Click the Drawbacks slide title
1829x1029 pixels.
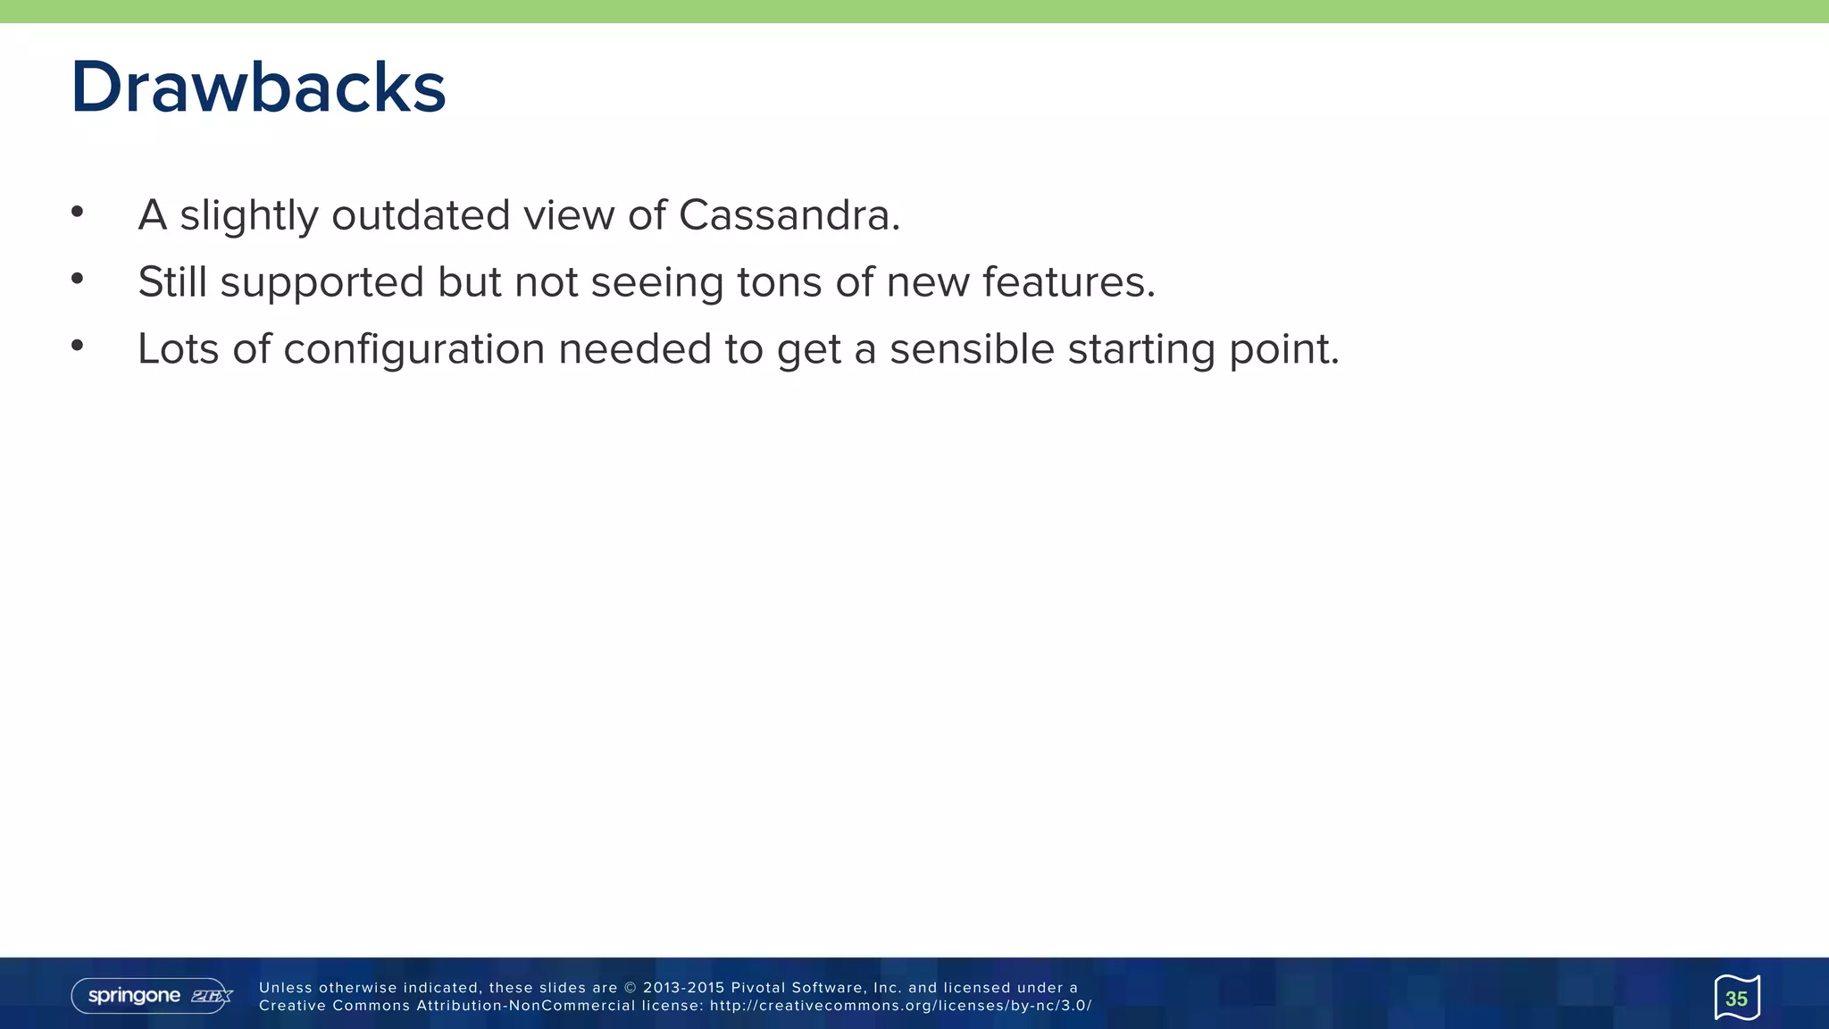[258, 88]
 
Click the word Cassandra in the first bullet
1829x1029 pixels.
[789, 215]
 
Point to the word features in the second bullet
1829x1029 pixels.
[1068, 282]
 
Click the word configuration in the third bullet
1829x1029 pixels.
[413, 350]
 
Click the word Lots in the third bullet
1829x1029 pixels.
[178, 349]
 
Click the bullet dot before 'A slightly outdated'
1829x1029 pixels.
[78, 212]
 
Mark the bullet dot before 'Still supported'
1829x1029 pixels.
[78, 279]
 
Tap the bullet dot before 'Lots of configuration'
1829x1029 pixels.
[78, 346]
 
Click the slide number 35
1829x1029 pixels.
[1736, 999]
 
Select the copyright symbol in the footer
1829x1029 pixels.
[631, 988]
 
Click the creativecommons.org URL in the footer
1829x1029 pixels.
[900, 1006]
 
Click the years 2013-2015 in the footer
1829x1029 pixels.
[683, 988]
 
